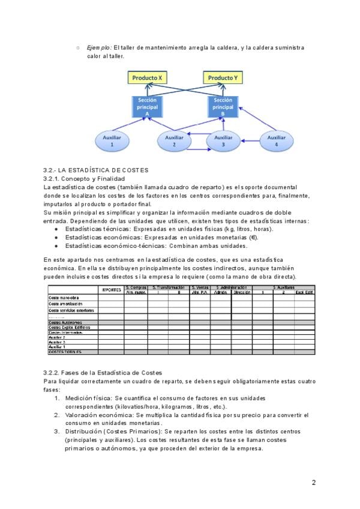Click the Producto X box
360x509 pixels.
[x=146, y=78]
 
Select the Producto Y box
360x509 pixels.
[x=222, y=78]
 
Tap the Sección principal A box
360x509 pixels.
[x=147, y=106]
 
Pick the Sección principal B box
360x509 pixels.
[x=223, y=106]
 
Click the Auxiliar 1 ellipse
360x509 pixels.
[x=112, y=141]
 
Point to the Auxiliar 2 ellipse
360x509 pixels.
[x=173, y=141]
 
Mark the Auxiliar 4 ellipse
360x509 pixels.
[x=275, y=141]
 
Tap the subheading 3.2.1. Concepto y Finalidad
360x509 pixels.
[x=84, y=179]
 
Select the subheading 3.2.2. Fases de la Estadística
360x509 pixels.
[x=103, y=373]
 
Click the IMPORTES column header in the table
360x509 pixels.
[x=112, y=289]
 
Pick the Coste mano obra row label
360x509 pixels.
[x=64, y=297]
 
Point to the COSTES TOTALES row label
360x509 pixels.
[x=65, y=352]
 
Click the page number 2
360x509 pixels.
[x=313, y=482]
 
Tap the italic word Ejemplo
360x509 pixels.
[x=98, y=47]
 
